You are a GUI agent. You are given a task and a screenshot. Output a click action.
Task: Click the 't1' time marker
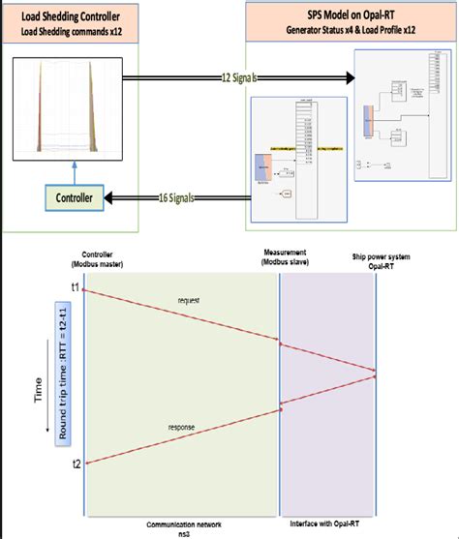click(76, 287)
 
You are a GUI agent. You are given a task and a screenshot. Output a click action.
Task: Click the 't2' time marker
click(76, 464)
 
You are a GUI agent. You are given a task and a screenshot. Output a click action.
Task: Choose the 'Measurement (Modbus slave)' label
click(287, 259)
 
